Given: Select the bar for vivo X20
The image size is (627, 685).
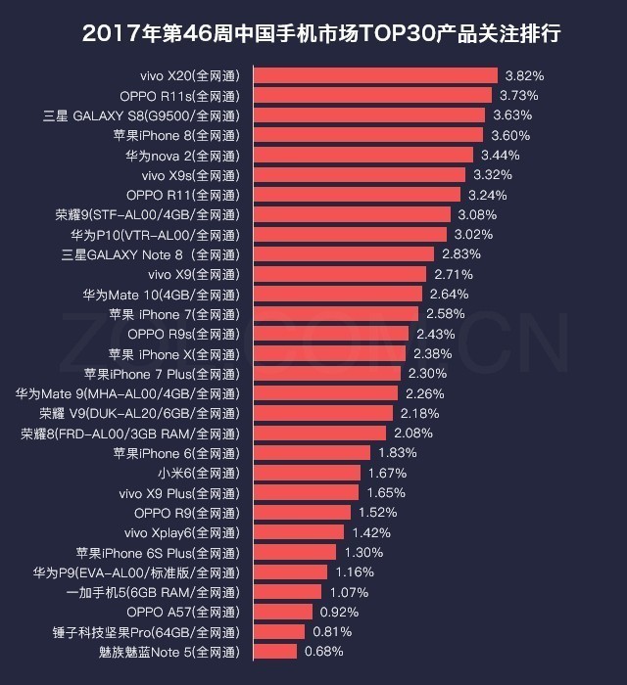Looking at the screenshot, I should [x=375, y=75].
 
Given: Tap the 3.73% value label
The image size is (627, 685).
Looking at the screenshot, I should [x=519, y=95].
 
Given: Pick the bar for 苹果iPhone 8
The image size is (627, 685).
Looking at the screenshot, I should [x=368, y=135].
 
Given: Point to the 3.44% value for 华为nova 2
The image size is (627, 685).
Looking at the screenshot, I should [x=501, y=155].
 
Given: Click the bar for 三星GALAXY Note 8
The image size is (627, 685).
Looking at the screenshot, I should [x=344, y=254].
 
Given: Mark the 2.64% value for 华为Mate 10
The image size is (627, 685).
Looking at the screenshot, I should [x=449, y=294].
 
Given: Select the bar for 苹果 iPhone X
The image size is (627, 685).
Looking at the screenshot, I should [x=329, y=353].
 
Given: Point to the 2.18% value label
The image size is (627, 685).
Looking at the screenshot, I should [x=419, y=413].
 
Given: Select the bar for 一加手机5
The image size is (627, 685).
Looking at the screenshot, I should [x=288, y=592].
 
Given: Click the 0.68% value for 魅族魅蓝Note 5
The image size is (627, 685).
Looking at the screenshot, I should [x=324, y=652].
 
